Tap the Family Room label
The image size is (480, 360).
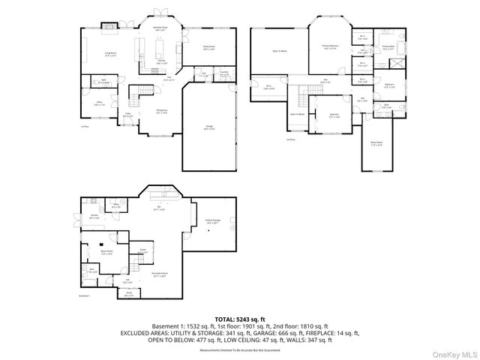[208, 46]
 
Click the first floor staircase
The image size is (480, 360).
[139, 94]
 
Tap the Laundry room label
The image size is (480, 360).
[224, 73]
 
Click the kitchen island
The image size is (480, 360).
[160, 49]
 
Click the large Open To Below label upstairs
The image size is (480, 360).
[278, 51]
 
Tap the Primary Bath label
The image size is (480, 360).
[389, 46]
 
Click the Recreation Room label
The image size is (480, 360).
[160, 274]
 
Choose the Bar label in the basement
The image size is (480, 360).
[159, 207]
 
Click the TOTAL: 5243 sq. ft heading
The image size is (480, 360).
[241, 318]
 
